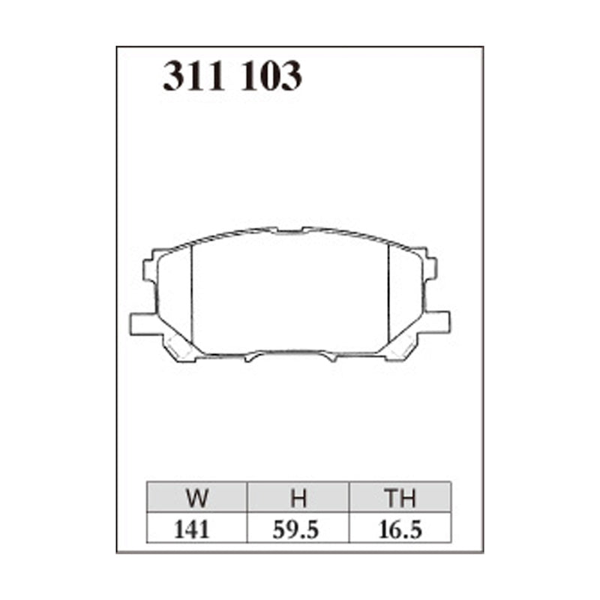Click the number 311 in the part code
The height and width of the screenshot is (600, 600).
(194, 76)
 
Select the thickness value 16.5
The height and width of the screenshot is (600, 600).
(400, 529)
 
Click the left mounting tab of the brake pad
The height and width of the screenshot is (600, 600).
(142, 322)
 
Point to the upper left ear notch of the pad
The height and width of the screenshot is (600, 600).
(151, 268)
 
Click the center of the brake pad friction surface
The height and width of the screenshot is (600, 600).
(291, 292)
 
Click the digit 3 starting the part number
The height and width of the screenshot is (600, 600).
(174, 76)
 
